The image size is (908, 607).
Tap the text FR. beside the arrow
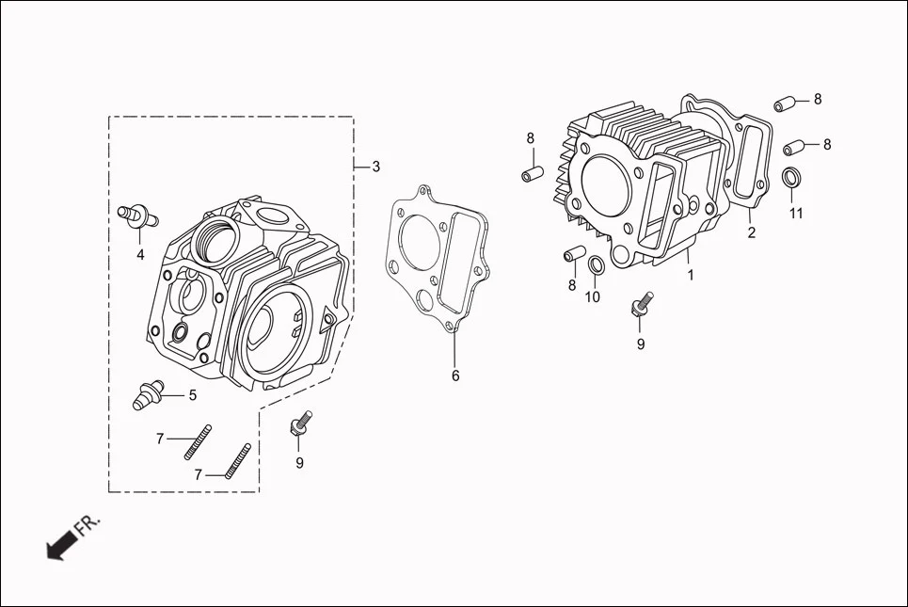tap(88, 524)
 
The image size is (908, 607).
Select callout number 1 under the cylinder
tap(690, 277)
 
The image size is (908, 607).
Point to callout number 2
tap(751, 233)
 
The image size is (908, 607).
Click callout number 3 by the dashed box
tap(375, 167)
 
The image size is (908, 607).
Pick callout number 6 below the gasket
tap(455, 375)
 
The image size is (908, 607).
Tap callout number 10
tap(592, 298)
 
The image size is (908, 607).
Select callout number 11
tap(796, 214)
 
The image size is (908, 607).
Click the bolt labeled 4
tap(135, 215)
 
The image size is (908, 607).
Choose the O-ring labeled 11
tap(793, 177)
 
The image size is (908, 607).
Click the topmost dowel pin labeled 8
tap(786, 102)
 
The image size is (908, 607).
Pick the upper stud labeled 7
tap(199, 440)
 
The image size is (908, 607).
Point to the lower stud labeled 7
tap(240, 461)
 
